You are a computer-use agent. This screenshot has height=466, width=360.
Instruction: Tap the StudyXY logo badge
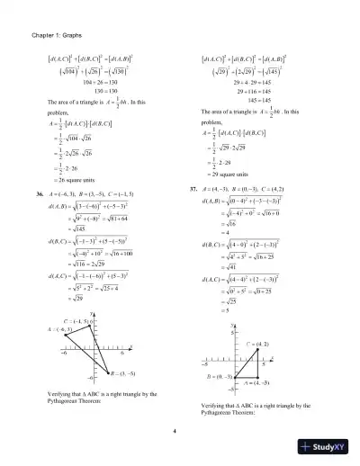[x=329, y=447]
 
